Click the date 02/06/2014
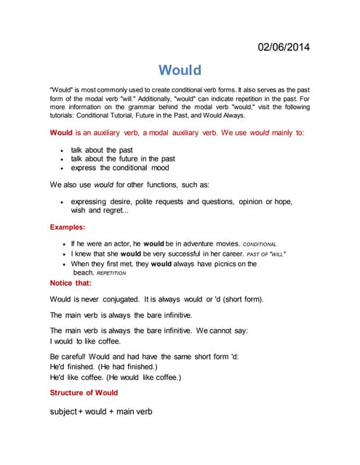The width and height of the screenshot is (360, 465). (284, 48)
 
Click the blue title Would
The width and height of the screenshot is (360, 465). (180, 70)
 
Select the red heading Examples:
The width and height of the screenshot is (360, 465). (68, 227)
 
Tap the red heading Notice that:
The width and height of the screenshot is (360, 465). (71, 283)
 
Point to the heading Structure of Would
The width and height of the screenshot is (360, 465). (84, 392)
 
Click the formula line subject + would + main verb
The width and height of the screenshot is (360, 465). (101, 411)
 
